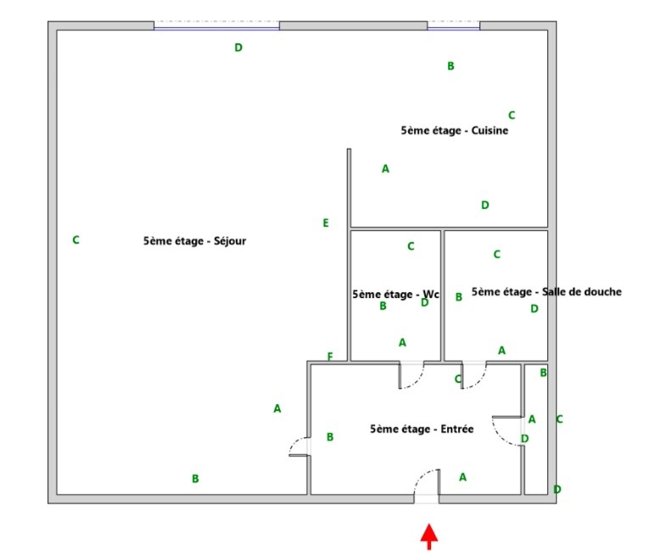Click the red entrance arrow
click(x=429, y=537)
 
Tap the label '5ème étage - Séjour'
click(x=195, y=241)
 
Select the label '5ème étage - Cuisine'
click(x=454, y=130)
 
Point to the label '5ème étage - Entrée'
click(x=422, y=429)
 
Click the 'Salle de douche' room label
click(x=546, y=291)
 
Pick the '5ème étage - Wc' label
click(x=396, y=294)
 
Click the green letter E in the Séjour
click(x=326, y=223)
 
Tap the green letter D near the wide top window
click(x=238, y=48)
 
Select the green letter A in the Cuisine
click(x=385, y=169)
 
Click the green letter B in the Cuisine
click(x=451, y=66)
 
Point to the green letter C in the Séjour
click(x=76, y=240)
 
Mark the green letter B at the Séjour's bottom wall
click(x=195, y=479)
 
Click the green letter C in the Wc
click(x=411, y=246)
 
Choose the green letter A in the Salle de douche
click(x=502, y=350)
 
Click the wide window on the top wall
click(x=217, y=25)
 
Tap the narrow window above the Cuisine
click(x=453, y=25)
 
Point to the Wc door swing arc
click(x=411, y=375)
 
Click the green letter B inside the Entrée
click(x=330, y=437)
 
